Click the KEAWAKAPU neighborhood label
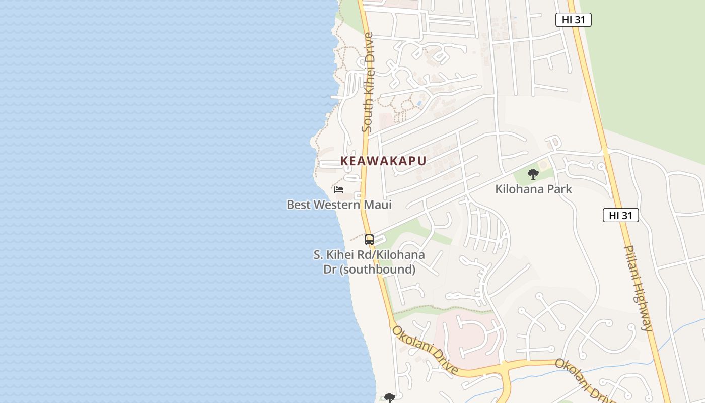383,161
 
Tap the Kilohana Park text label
534,189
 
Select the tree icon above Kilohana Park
533,175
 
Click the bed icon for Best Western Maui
339,190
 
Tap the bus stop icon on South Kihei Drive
369,240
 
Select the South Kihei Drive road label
367,83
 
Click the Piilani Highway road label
638,288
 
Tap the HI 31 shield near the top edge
573,20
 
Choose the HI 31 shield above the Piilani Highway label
620,215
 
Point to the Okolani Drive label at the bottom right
584,380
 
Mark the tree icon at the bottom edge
390,398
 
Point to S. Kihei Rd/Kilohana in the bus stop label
369,255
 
